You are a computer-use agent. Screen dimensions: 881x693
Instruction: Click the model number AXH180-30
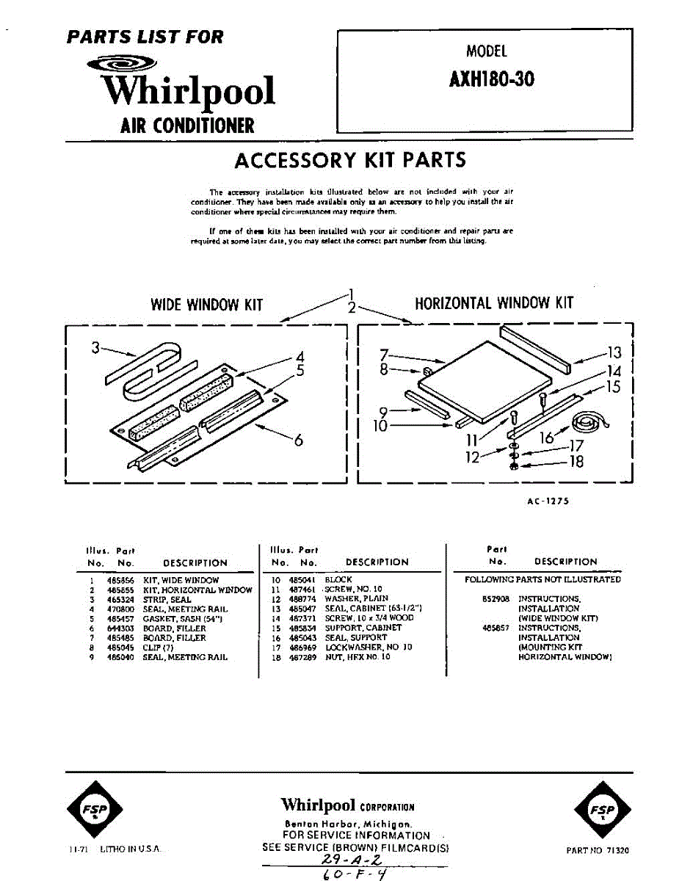(x=491, y=79)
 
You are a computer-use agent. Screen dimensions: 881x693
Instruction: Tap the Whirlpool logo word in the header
(x=189, y=90)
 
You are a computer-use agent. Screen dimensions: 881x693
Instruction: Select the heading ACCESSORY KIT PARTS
(x=349, y=160)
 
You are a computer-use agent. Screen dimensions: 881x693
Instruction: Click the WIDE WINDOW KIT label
(x=206, y=304)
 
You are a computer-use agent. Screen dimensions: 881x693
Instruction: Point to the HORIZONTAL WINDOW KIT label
(x=494, y=302)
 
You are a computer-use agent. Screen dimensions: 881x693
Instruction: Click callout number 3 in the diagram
(x=95, y=348)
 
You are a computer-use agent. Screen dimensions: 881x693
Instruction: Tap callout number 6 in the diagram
(x=298, y=440)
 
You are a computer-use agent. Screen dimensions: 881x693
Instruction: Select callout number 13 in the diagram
(x=614, y=354)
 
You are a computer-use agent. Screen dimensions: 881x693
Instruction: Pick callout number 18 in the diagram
(x=576, y=462)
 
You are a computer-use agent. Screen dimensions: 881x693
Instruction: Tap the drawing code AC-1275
(x=548, y=501)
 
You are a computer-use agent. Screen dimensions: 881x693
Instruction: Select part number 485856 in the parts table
(x=117, y=580)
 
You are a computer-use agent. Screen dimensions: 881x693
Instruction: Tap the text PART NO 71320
(x=598, y=850)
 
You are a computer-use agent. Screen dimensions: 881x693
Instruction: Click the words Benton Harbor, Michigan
(x=348, y=824)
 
